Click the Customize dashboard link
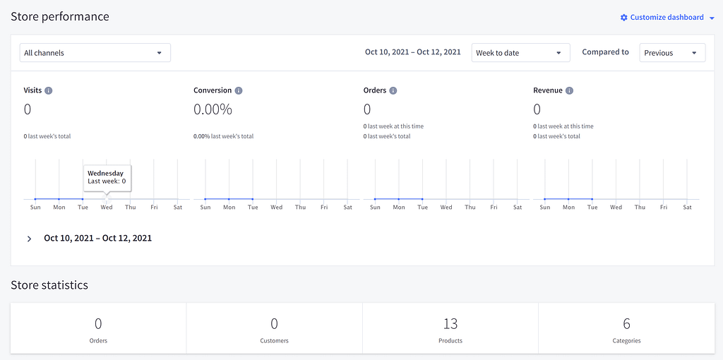[x=667, y=18]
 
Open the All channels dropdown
[x=95, y=53]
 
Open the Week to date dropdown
[x=520, y=53]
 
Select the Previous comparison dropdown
[x=671, y=53]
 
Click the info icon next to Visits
[x=49, y=90]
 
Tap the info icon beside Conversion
[x=239, y=90]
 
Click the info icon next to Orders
[x=393, y=90]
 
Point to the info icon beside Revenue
[x=569, y=90]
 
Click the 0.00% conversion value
[x=213, y=109]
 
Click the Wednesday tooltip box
[x=107, y=177]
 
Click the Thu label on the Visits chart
[x=131, y=208]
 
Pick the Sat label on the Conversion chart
[x=348, y=208]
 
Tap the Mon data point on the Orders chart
[x=399, y=199]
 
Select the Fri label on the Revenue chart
[x=664, y=208]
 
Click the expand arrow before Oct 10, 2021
[x=29, y=239]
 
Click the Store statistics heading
[x=49, y=285]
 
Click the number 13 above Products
[x=450, y=324]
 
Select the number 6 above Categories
[x=626, y=324]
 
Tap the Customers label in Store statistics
[x=274, y=341]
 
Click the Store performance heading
[x=60, y=16]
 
